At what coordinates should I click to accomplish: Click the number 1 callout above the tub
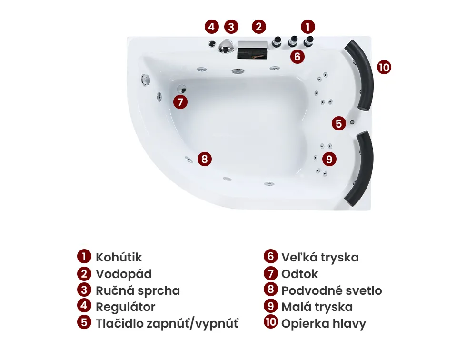(308, 27)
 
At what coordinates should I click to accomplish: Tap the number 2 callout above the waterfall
(258, 27)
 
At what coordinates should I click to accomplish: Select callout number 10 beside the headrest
(384, 67)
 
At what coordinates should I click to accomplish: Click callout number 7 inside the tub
(180, 102)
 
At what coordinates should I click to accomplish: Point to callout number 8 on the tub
(205, 159)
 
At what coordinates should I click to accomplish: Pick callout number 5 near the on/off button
(339, 123)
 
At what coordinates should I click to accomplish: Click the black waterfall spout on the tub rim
(252, 50)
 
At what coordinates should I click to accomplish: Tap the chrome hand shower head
(226, 46)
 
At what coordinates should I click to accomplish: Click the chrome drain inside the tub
(181, 89)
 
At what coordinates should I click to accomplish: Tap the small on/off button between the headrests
(352, 122)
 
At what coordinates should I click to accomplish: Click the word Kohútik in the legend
(119, 257)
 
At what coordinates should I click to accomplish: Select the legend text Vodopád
(124, 274)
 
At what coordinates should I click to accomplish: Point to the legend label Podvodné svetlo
(331, 291)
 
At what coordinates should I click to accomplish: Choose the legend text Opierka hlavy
(324, 324)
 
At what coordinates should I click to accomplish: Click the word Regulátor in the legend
(125, 307)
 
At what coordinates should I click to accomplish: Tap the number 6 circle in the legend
(271, 256)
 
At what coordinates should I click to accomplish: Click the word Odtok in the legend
(299, 274)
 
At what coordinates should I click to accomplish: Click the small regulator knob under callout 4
(212, 44)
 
